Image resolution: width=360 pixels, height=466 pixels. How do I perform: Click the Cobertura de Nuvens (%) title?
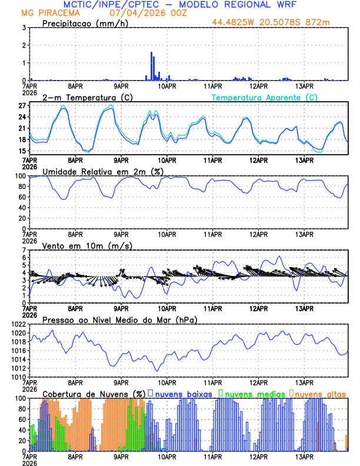[x=94, y=393]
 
